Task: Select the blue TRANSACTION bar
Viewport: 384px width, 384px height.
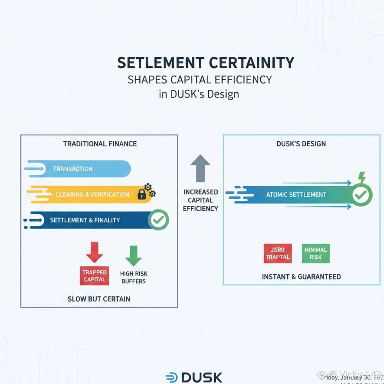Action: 78,169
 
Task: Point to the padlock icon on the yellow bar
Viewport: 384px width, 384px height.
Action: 142,194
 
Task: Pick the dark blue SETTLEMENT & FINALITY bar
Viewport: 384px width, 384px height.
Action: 86,220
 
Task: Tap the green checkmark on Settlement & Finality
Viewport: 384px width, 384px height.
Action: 158,220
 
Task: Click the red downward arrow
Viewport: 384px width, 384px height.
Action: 94,252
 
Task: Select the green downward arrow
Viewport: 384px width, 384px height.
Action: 133,255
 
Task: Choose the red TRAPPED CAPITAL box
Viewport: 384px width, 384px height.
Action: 94,276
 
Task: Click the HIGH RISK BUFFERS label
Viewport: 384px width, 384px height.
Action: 133,277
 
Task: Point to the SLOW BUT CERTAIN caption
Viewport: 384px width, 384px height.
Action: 99,299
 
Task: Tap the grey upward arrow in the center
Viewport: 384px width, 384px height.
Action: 200,168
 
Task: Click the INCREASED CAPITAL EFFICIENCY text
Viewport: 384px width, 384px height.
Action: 200,200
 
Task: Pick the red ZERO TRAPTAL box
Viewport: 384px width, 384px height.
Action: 278,253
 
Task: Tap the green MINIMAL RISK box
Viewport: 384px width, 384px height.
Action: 316,253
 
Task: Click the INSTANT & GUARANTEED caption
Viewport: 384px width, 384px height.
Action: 301,277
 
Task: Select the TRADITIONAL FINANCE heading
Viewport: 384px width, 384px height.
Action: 100,144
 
